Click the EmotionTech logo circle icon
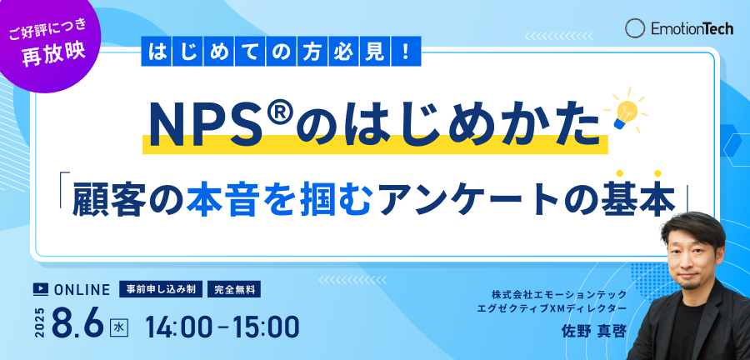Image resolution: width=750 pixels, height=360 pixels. pos(635,28)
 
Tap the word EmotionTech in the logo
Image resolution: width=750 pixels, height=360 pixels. pos(692,28)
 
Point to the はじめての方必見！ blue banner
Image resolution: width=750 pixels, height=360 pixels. pos(282,51)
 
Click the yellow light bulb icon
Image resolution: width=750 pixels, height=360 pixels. pos(623,110)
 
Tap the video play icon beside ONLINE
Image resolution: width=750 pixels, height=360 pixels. pos(41,289)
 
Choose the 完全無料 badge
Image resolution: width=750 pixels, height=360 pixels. pos(234,289)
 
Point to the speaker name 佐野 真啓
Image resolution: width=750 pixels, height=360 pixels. pos(594,332)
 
